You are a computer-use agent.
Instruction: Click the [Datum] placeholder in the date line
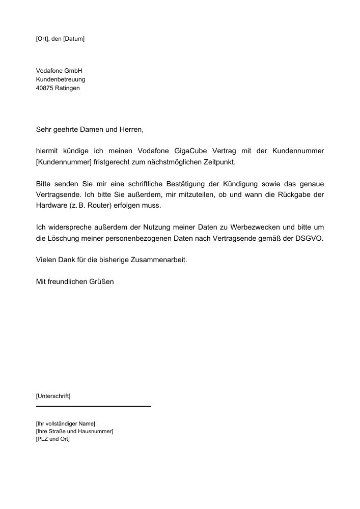[x=73, y=39]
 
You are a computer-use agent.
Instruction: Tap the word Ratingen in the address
[x=68, y=88]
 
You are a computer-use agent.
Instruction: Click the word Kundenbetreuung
[x=61, y=79]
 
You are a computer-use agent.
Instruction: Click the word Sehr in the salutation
[x=44, y=130]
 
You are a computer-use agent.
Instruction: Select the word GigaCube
[x=190, y=151]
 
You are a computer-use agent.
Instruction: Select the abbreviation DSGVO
[x=310, y=238]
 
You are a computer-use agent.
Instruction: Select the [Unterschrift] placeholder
[x=53, y=395]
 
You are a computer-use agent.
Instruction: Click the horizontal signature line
[x=94, y=406]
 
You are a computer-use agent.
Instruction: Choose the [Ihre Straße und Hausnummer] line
[x=74, y=431]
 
